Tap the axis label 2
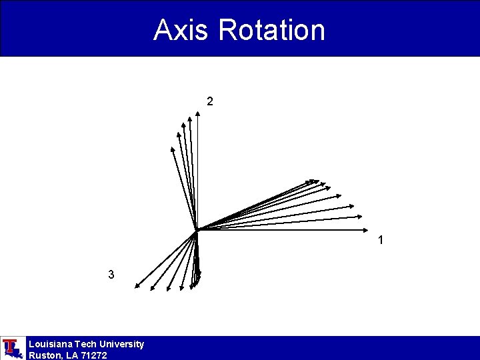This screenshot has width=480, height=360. [x=210, y=102]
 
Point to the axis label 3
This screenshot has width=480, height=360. [x=111, y=275]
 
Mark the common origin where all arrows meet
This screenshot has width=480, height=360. [x=197, y=231]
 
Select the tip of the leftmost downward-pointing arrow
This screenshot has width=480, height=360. [x=135, y=287]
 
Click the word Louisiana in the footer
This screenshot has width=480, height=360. [x=51, y=344]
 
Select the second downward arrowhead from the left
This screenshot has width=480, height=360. [x=151, y=290]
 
